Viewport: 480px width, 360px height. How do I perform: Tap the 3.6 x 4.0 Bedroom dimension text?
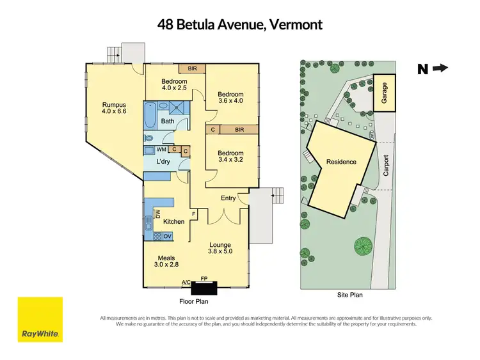231,100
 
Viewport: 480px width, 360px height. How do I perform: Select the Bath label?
168,121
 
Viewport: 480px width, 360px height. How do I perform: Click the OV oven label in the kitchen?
167,236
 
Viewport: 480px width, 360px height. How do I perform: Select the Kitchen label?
173,221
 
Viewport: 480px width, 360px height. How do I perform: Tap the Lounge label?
220,245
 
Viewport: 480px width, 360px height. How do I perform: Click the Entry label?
228,198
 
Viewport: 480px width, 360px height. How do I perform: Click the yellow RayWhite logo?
40,319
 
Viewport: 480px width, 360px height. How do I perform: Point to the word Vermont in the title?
295,25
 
